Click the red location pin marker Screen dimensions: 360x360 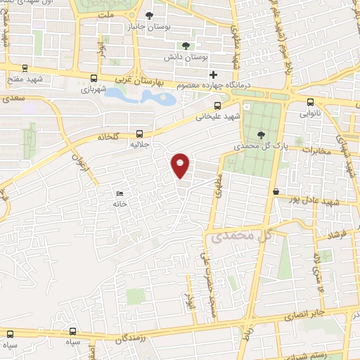pos(181,165)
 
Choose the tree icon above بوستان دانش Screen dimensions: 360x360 pos(186,45)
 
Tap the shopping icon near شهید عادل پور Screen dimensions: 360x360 pos(276,191)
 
